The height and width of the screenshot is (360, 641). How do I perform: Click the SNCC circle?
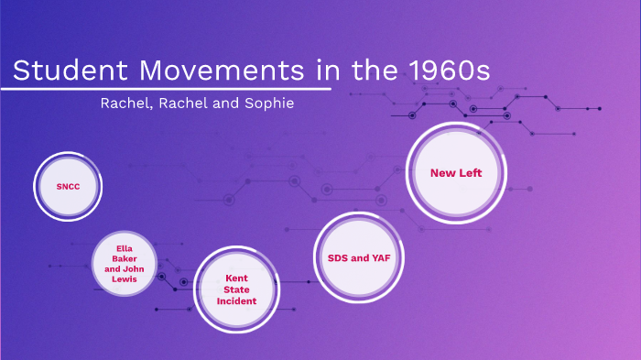68,187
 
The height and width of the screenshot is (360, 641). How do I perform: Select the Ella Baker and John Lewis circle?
126,264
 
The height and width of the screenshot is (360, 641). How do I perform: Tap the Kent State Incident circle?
236,289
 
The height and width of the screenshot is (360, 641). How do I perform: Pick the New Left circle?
455,172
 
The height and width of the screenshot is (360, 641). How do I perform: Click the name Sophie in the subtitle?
266,103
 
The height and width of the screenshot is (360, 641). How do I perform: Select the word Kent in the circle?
236,277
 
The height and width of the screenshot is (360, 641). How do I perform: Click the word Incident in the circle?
236,300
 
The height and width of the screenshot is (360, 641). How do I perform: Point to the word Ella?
126,247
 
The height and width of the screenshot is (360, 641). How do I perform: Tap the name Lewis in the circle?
126,279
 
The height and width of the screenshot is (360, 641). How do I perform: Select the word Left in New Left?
470,172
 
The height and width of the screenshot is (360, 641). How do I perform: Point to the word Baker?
126,258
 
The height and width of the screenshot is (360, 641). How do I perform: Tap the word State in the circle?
236,289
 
